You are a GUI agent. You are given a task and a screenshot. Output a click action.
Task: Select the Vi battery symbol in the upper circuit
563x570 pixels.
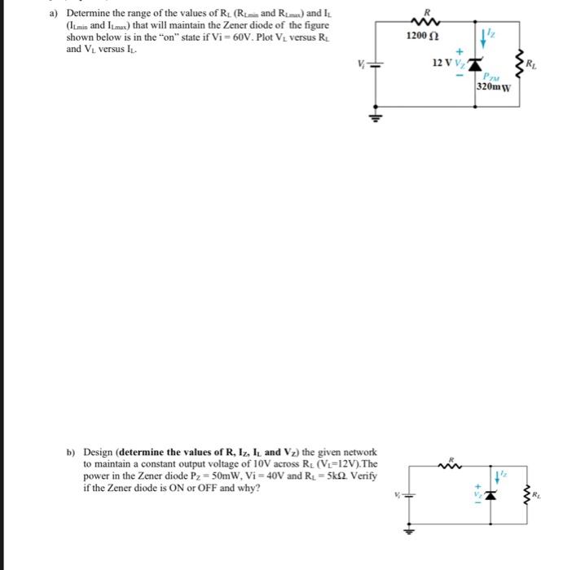[376, 64]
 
